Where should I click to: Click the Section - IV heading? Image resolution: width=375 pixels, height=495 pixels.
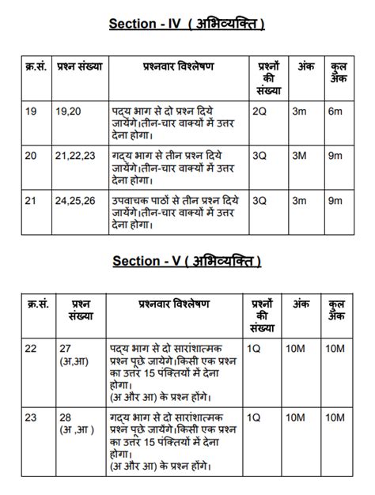coord(187,25)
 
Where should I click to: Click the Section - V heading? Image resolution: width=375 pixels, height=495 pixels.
coord(187,260)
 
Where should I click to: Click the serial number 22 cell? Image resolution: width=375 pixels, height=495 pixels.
coord(31,349)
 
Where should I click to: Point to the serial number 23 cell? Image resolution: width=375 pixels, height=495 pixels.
coord(31,417)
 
